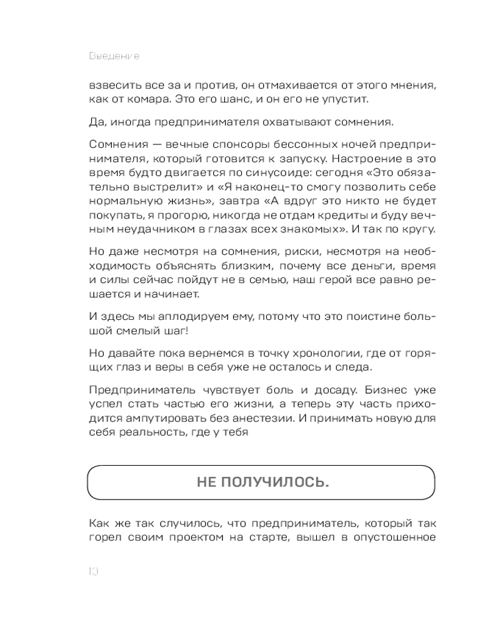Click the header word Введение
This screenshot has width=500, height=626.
(114, 56)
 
